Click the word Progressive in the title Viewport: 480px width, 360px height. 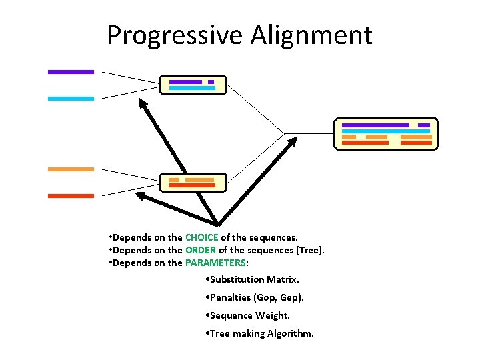(176, 35)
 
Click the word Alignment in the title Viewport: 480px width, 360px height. (311, 35)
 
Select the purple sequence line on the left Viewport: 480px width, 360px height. (71, 71)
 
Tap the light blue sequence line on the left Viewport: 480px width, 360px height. (71, 98)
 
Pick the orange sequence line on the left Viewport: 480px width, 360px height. (71, 169)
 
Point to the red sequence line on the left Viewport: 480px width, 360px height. (71, 196)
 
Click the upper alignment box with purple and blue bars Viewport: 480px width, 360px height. (193, 85)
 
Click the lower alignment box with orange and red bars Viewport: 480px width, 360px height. (193, 183)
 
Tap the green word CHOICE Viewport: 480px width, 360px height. (201, 237)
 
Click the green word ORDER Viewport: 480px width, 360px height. (201, 250)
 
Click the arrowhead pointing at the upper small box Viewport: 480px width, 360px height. (143, 103)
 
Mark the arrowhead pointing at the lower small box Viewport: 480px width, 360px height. (141, 196)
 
